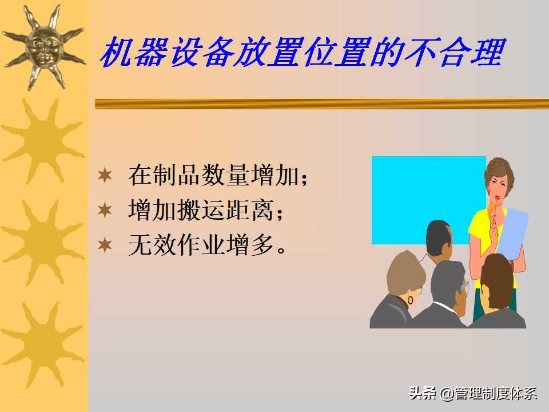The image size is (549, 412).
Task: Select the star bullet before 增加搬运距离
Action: click(105, 210)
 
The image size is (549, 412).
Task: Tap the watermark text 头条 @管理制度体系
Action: click(473, 394)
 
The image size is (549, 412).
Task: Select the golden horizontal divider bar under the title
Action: click(320, 104)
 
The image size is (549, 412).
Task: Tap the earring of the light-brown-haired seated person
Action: click(410, 300)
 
